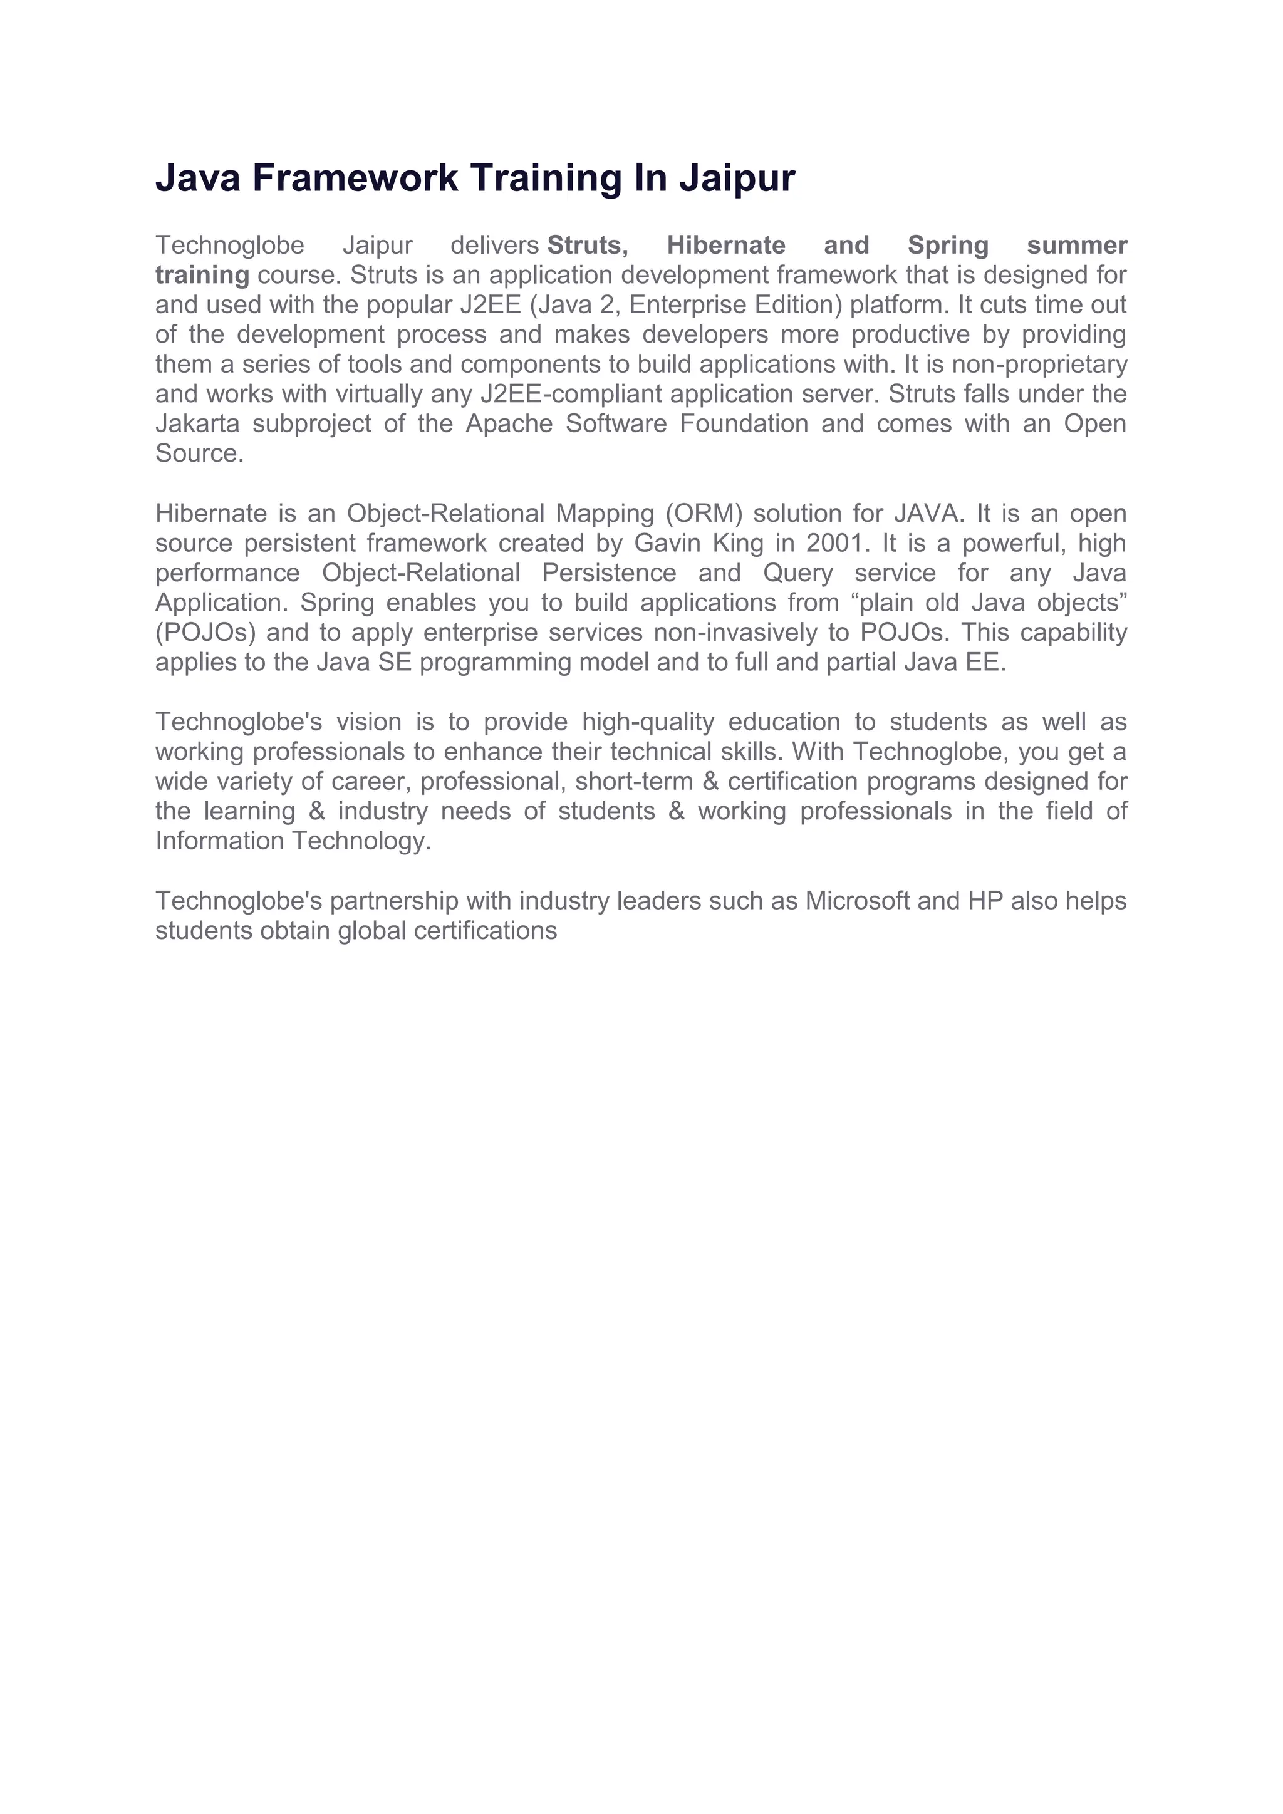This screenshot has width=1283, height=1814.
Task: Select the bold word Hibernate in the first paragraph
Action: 726,246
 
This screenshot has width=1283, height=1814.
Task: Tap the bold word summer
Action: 1077,246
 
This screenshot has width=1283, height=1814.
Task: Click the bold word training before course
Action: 202,275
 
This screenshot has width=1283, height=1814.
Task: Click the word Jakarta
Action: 197,423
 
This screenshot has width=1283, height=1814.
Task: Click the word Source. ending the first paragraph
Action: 199,453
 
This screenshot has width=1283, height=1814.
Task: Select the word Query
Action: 798,573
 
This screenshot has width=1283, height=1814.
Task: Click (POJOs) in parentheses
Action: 205,633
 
